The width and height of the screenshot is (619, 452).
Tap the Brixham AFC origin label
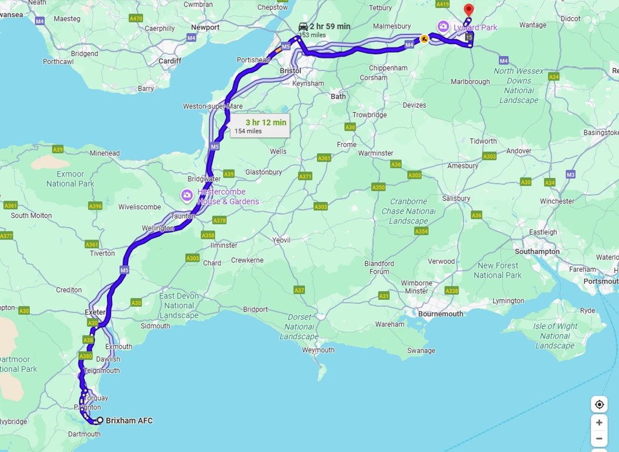click(129, 421)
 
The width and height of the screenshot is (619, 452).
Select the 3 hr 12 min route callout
click(261, 126)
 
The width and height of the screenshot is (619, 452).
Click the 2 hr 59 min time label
click(329, 26)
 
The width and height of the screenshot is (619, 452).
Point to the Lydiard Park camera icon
click(443, 26)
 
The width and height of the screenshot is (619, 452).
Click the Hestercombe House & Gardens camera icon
click(187, 195)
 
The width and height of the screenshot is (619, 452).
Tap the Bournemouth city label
click(440, 314)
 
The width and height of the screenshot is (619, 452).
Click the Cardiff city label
click(170, 61)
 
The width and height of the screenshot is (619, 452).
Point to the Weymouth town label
click(318, 350)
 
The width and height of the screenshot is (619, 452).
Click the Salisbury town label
click(456, 198)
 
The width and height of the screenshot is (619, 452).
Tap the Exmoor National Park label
click(70, 179)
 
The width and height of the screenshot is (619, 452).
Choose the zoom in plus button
click(599, 422)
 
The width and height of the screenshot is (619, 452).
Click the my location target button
click(599, 405)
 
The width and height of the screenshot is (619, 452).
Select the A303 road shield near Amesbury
click(489, 156)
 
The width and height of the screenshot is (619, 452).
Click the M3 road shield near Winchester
click(571, 174)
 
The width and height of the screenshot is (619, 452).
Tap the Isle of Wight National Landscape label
click(555, 336)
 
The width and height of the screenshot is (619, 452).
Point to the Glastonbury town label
click(264, 172)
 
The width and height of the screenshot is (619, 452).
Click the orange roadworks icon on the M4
click(424, 39)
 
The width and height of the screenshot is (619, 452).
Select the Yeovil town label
click(281, 240)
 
